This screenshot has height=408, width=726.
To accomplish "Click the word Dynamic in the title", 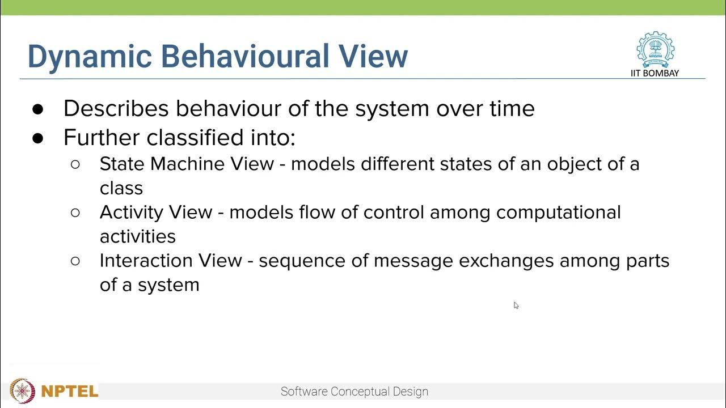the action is pos(90,57).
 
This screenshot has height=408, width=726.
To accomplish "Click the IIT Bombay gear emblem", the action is pos(655,49).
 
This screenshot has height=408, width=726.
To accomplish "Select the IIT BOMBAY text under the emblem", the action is pos(655,73).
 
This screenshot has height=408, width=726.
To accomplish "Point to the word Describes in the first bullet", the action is pos(116,108).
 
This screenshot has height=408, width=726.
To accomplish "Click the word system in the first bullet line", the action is pos(392,109).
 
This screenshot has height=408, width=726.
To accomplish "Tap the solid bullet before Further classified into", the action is pos(38,138).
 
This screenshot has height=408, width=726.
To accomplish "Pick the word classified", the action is pos(195,137).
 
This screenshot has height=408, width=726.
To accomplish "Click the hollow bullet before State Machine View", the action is pos(75,164).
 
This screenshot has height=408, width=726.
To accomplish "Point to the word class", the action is pos(121,188).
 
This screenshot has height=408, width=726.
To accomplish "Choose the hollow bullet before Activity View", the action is pos(75,212).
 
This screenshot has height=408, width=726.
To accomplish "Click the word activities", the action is pos(138,236).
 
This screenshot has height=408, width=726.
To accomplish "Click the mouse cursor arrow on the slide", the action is pos(516,305).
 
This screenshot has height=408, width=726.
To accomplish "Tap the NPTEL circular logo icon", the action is pos(22,391).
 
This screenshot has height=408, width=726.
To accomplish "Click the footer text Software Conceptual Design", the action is pos(354,392).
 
